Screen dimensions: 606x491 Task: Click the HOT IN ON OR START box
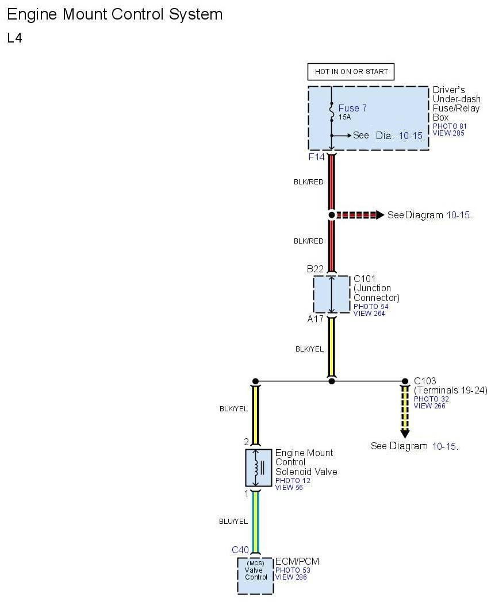pyautogui.click(x=351, y=72)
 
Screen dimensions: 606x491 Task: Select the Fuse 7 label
pyautogui.click(x=352, y=108)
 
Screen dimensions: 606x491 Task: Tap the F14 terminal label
pyautogui.click(x=317, y=156)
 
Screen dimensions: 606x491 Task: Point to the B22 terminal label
pyautogui.click(x=315, y=269)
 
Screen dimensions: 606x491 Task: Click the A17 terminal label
pyautogui.click(x=315, y=319)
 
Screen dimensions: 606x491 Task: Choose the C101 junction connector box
pyautogui.click(x=331, y=294)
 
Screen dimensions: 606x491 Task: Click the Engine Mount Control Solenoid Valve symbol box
pyautogui.click(x=255, y=468)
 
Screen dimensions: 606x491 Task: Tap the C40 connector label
pyautogui.click(x=240, y=550)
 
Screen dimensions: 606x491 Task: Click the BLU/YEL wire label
pyautogui.click(x=233, y=522)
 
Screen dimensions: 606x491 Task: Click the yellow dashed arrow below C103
pyautogui.click(x=405, y=411)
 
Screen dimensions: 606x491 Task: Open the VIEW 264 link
pyautogui.click(x=369, y=313)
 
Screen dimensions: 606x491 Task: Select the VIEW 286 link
pyautogui.click(x=291, y=577)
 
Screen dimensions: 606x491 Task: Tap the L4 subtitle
pyautogui.click(x=14, y=38)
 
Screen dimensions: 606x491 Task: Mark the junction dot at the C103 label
pyautogui.click(x=405, y=381)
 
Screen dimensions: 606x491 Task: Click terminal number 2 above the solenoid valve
pyautogui.click(x=246, y=442)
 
